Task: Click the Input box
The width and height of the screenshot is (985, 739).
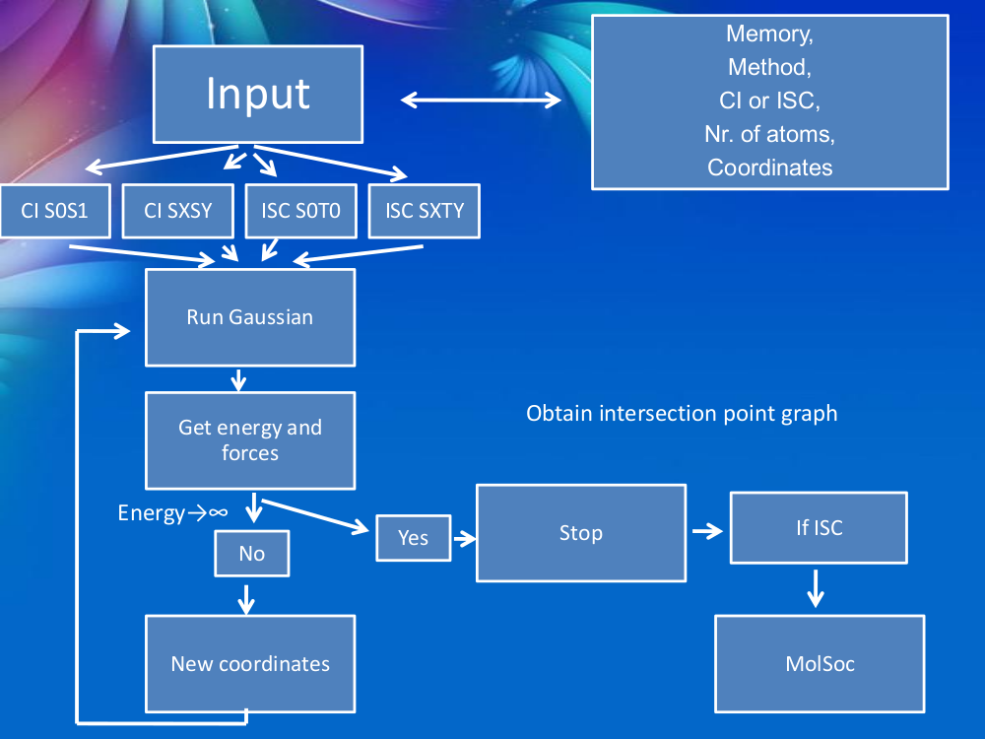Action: [258, 94]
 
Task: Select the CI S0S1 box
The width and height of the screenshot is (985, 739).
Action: [55, 210]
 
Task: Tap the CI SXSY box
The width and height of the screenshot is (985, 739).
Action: [177, 210]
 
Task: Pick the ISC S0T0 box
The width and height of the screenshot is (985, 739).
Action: [300, 210]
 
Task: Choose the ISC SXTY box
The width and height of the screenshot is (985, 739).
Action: [424, 210]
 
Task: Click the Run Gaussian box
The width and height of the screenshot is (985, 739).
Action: [250, 317]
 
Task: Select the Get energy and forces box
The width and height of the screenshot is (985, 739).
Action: [250, 440]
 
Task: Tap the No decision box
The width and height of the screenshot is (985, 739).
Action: [252, 554]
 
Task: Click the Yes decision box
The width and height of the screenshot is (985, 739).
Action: [414, 537]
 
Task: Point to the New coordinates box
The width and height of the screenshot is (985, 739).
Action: [250, 663]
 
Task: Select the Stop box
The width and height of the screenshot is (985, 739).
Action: [581, 533]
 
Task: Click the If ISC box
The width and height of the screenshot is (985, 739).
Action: [820, 528]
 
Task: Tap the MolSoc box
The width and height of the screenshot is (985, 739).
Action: [820, 663]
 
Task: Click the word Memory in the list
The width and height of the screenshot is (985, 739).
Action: [769, 34]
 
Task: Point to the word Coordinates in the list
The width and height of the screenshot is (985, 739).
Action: [769, 168]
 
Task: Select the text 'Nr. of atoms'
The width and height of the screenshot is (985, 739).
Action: [769, 134]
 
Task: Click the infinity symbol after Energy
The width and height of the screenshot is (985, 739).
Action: [219, 513]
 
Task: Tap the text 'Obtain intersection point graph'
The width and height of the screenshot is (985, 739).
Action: [682, 414]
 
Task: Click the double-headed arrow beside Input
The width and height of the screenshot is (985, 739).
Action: [481, 100]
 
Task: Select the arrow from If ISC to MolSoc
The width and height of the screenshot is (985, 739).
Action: [816, 588]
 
